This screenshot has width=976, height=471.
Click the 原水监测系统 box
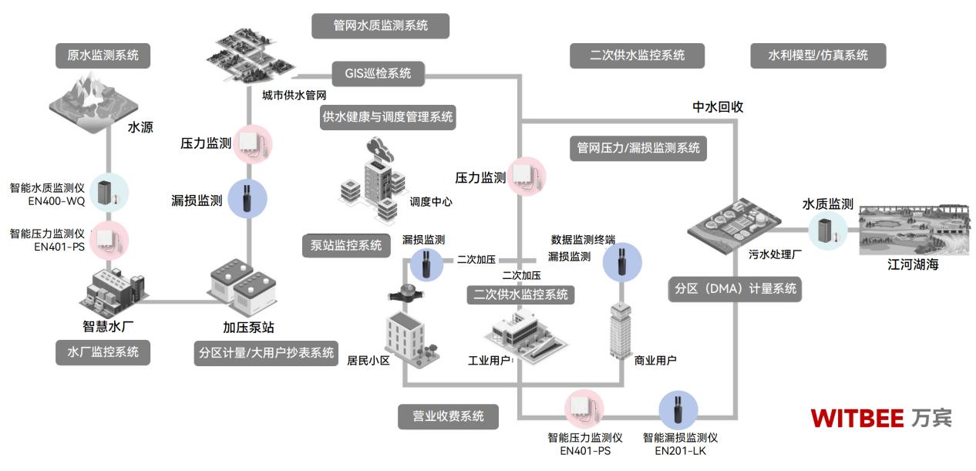[103, 56]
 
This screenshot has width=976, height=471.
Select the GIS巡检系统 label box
[379, 74]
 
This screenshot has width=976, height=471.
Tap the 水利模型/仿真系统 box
[818, 56]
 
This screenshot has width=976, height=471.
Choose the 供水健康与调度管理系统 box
[389, 117]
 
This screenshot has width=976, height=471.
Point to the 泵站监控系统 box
[345, 246]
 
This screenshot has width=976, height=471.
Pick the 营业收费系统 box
[447, 416]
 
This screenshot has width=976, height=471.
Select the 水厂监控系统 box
[103, 352]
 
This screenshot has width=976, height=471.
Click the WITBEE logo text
[857, 419]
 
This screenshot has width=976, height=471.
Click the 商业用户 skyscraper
[621, 328]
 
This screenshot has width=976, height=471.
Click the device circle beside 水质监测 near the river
[827, 229]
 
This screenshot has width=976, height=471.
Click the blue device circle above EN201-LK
[678, 410]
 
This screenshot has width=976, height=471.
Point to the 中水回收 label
[717, 107]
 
